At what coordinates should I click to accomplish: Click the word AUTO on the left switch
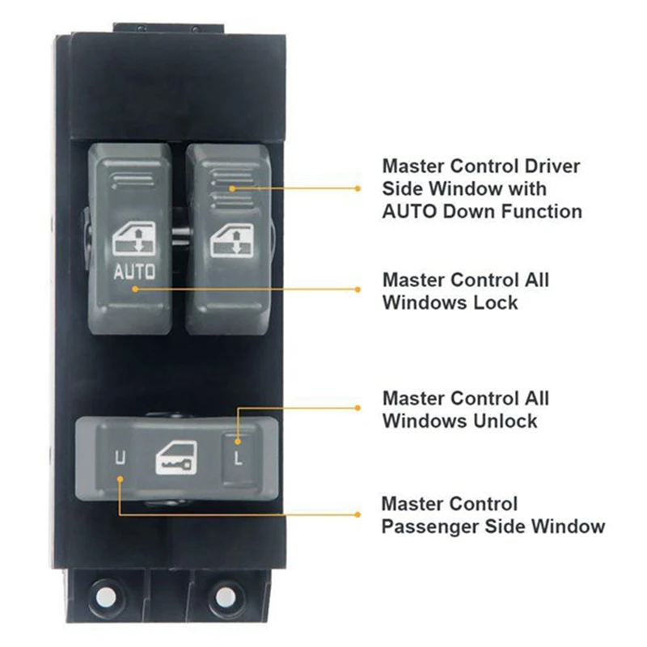[134, 271]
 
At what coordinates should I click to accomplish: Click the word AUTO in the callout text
[411, 212]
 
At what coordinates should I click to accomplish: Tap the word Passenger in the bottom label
[430, 526]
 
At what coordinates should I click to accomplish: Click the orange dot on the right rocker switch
[232, 188]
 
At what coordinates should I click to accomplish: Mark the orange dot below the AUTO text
[135, 288]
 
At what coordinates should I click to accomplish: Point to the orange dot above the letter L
[238, 441]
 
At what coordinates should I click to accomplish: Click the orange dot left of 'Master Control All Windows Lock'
[358, 288]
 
